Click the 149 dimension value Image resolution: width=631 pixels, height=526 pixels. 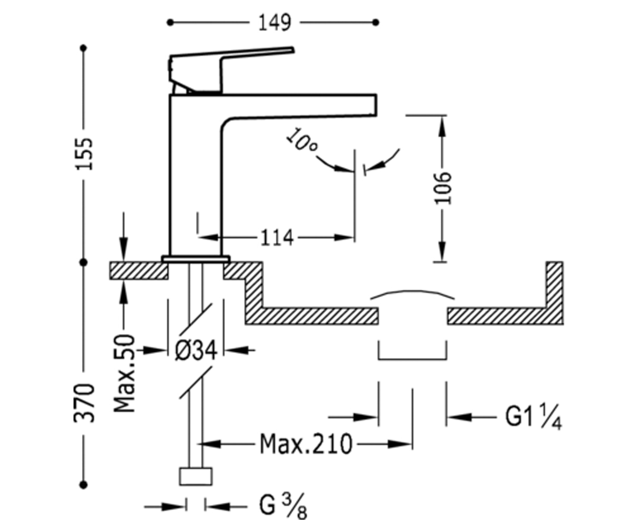tap(274, 23)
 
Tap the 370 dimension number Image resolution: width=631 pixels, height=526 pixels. tap(84, 403)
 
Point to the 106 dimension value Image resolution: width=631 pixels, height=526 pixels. tap(443, 188)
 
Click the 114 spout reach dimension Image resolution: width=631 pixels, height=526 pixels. tap(277, 238)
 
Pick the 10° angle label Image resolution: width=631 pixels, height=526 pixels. tap(301, 140)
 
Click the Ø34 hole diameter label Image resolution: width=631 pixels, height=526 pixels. tap(196, 350)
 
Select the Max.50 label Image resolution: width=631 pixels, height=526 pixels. tap(125, 373)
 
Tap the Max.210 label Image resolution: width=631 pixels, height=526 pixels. tap(306, 444)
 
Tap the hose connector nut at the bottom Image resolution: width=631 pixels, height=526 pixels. tap(196, 477)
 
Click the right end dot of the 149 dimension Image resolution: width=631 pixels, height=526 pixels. tap(375, 23)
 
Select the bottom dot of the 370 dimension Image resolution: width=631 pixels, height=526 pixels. tap(84, 485)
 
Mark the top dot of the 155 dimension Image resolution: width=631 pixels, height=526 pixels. tap(84, 48)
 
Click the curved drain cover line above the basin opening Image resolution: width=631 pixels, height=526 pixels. tap(413, 291)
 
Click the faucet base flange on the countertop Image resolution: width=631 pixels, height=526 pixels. tap(196, 259)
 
